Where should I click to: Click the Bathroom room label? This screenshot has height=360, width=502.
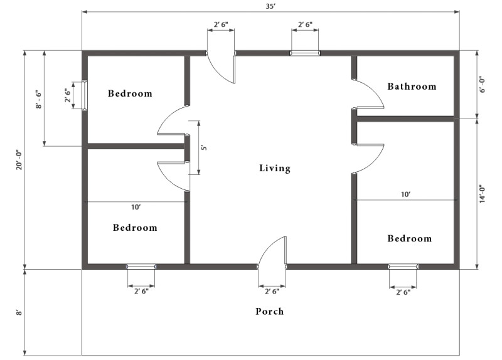[412, 86]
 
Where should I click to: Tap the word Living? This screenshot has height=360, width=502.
[275, 168]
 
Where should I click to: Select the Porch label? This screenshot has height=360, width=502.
[270, 311]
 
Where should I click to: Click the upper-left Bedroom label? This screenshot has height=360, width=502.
[130, 93]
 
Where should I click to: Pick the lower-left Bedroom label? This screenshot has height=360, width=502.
[135, 227]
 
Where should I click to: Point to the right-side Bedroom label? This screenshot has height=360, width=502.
[410, 238]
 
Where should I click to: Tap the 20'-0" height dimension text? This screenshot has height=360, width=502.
[19, 160]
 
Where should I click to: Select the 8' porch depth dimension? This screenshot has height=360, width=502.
[19, 312]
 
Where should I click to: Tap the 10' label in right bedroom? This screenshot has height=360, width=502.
[405, 194]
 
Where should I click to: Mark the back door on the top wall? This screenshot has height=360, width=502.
[222, 66]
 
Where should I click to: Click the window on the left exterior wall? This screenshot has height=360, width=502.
[84, 96]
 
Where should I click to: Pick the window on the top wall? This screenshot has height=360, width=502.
[305, 53]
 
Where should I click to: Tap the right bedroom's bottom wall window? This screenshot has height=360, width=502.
[403, 267]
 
